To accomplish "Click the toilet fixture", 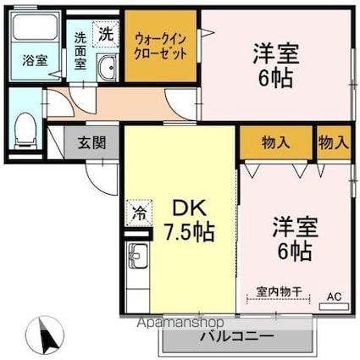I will [25, 126].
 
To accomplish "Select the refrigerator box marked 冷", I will [136, 212].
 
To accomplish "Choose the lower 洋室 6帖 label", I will [293, 238].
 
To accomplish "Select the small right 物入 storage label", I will [334, 143].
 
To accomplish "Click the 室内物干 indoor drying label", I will [275, 289].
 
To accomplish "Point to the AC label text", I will [334, 296].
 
